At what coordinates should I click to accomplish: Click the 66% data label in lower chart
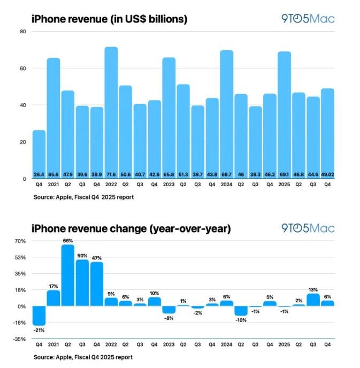click(68, 241)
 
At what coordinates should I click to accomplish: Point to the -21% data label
click(39, 330)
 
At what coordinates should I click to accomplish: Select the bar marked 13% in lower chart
click(313, 300)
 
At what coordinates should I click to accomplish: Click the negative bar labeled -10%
click(241, 311)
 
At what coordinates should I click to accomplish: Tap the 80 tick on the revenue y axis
click(22, 32)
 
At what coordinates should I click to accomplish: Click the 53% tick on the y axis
click(20, 257)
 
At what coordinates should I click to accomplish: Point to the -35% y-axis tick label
click(20, 339)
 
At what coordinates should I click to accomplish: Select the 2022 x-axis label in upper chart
click(111, 186)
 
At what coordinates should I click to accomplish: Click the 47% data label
click(97, 258)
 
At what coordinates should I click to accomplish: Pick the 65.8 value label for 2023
click(168, 174)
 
